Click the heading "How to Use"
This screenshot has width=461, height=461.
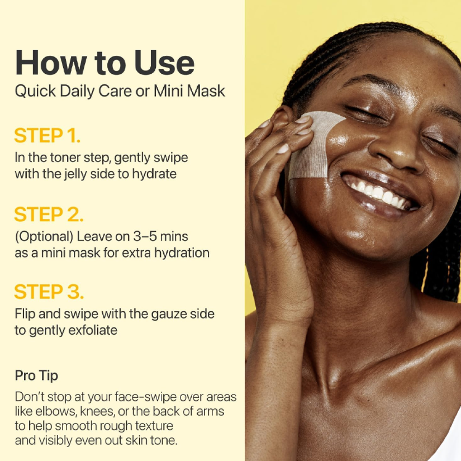coord(105,63)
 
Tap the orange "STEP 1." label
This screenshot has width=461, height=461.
coord(47,136)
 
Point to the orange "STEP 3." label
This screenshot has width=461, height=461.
coord(49,292)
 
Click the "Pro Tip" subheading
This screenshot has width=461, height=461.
coord(36,375)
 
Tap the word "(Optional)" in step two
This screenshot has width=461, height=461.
coord(44,237)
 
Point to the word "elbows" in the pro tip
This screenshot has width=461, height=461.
coord(56,412)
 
